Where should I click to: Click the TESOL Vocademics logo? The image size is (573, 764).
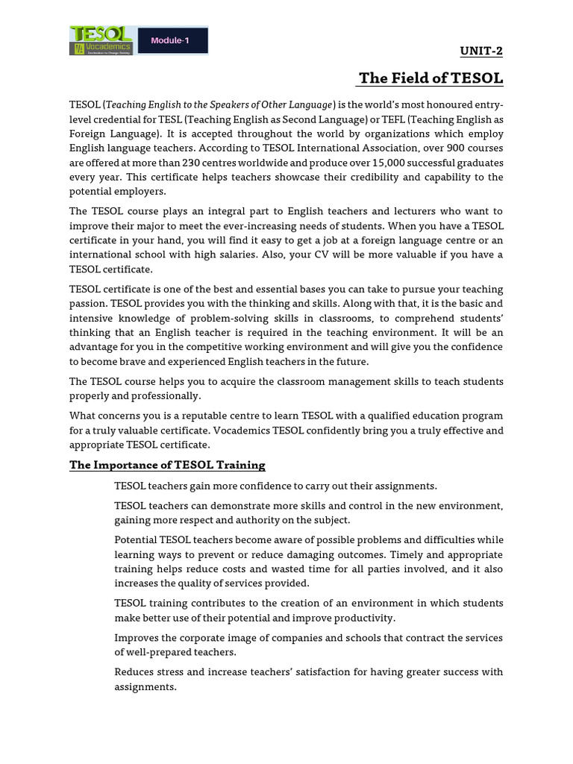click(x=101, y=40)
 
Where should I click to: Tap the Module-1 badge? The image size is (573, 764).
click(x=172, y=40)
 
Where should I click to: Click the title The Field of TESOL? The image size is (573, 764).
click(x=431, y=78)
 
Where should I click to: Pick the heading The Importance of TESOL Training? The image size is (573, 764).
click(x=167, y=465)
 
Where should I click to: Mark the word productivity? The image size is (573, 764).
click(x=366, y=618)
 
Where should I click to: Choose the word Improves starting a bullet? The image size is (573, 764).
click(x=137, y=638)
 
